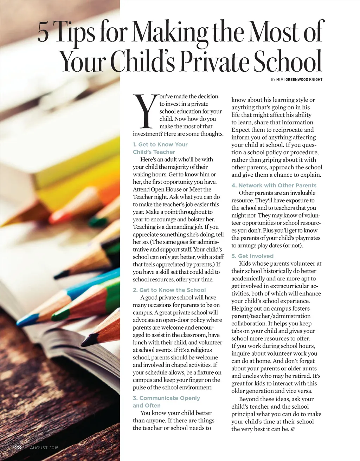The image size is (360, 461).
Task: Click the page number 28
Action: [x=18, y=447]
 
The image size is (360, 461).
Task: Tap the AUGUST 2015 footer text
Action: [x=44, y=448]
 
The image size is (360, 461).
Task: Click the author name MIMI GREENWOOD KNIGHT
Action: [x=299, y=79]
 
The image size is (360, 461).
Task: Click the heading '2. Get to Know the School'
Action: [x=169, y=290]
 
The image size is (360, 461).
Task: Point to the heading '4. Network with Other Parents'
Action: [x=274, y=185]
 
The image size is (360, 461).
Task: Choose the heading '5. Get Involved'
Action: [x=252, y=256]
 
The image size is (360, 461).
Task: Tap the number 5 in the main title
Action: [x=43, y=32]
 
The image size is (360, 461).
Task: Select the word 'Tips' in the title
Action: [x=75, y=32]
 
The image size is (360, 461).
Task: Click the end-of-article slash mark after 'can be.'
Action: [x=292, y=429]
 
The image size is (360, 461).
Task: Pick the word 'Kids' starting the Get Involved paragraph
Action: [x=245, y=264]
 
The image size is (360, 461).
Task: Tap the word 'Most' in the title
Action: [x=273, y=32]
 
